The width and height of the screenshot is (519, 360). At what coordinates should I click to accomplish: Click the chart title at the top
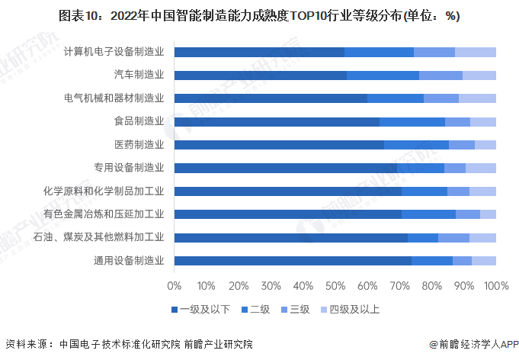tap(259, 16)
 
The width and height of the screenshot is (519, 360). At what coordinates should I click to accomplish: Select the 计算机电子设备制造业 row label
tap(114, 52)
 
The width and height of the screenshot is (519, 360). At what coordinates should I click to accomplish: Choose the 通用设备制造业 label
tap(128, 261)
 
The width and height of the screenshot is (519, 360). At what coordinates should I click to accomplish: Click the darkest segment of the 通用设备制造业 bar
tap(293, 261)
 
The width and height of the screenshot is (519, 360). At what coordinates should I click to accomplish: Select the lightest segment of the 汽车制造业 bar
tap(479, 76)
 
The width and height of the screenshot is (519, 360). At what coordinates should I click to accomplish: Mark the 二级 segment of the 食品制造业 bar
tap(412, 121)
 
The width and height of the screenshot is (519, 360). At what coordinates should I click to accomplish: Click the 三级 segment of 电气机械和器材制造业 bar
tap(441, 98)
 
